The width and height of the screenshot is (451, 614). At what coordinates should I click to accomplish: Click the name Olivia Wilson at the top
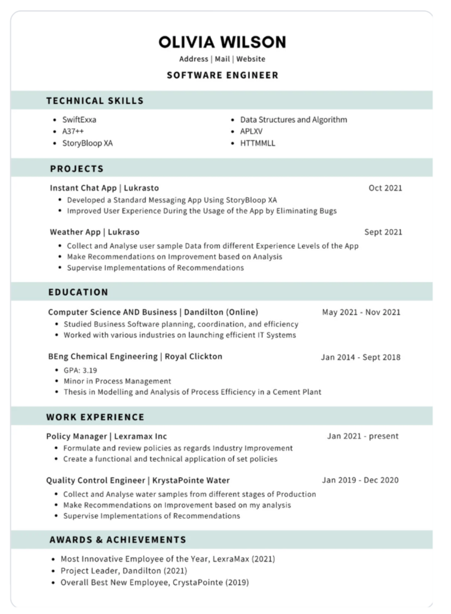(x=222, y=42)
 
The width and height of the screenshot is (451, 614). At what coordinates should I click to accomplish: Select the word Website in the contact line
(x=251, y=59)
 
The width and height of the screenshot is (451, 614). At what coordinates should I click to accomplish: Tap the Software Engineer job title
(x=222, y=75)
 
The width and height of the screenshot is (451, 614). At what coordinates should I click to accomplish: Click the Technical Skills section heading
(x=95, y=101)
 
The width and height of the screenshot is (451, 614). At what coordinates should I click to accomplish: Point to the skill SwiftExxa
(x=79, y=119)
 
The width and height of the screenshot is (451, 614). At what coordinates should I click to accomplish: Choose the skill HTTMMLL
(x=258, y=143)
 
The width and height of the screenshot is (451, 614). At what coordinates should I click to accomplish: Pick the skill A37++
(x=73, y=131)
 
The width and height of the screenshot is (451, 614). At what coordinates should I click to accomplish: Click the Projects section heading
(x=76, y=169)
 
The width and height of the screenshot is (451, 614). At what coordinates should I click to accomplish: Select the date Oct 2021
(x=385, y=188)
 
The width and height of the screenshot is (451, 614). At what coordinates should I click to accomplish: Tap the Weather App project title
(x=95, y=232)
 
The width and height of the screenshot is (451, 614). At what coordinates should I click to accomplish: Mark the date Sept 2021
(x=383, y=232)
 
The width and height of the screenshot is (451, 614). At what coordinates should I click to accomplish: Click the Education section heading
(x=78, y=292)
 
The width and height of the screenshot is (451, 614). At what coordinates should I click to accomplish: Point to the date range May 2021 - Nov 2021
(x=361, y=312)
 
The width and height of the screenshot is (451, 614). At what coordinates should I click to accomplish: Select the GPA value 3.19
(x=89, y=370)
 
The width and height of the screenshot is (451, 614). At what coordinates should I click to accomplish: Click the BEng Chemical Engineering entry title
(x=135, y=356)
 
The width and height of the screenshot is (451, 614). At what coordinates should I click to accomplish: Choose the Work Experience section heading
(x=95, y=417)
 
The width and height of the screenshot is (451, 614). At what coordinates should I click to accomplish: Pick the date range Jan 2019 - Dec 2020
(x=360, y=480)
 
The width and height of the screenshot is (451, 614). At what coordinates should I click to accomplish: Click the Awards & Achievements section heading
(x=118, y=539)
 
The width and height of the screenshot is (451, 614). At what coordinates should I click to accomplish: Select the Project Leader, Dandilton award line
(x=123, y=570)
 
